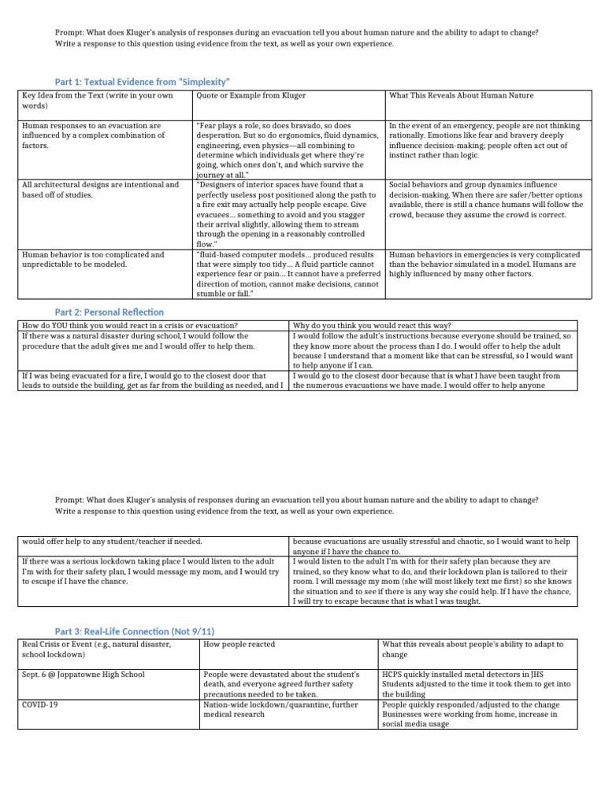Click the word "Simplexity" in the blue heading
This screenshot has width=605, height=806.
point(204,82)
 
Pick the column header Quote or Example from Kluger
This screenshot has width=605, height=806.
point(251,96)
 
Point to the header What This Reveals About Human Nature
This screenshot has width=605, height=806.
point(461,96)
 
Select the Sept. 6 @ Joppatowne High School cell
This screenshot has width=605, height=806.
point(84,675)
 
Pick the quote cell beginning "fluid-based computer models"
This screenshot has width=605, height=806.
point(287,274)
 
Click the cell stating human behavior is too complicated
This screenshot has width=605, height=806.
point(93,260)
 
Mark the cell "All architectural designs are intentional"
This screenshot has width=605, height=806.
point(101,190)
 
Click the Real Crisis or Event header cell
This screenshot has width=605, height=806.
point(95,649)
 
